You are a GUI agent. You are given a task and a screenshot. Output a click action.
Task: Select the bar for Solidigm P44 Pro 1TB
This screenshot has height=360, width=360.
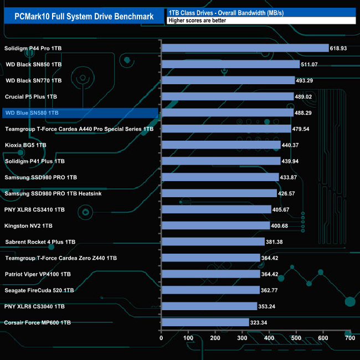[245, 48]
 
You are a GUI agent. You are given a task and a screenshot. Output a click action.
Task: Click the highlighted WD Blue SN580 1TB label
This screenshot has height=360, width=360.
[32, 113]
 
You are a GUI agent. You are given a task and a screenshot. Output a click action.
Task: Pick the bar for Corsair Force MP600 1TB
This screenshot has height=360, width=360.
[205, 322]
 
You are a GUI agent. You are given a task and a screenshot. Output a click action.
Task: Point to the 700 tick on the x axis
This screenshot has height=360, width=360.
[349, 338]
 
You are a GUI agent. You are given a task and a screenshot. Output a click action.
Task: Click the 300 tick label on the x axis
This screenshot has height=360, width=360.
[242, 338]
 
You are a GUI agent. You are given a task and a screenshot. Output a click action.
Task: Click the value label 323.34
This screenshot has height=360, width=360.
[261, 322]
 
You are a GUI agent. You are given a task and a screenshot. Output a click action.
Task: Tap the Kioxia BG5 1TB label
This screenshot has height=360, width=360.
[25, 145]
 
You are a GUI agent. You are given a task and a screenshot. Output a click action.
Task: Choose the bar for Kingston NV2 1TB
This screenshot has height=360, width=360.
[215, 225]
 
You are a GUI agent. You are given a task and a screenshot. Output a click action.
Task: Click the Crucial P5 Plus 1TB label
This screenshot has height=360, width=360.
[31, 97]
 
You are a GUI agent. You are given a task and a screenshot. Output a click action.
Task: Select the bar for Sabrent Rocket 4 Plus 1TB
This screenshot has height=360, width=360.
[213, 241]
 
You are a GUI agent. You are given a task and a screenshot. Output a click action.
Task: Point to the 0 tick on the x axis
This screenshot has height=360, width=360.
[161, 338]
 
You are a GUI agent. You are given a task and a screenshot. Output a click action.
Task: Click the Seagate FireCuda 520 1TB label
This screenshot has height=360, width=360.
[39, 290]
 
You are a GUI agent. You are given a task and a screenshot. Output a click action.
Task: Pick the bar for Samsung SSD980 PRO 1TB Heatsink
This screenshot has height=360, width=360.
[219, 193]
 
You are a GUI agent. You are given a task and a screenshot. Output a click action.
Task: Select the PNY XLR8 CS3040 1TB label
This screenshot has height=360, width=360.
[35, 306]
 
